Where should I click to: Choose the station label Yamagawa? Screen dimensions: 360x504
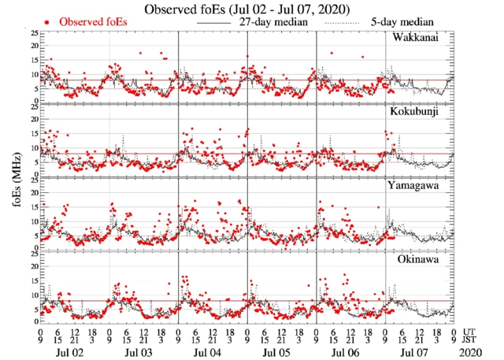pos(415,186)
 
